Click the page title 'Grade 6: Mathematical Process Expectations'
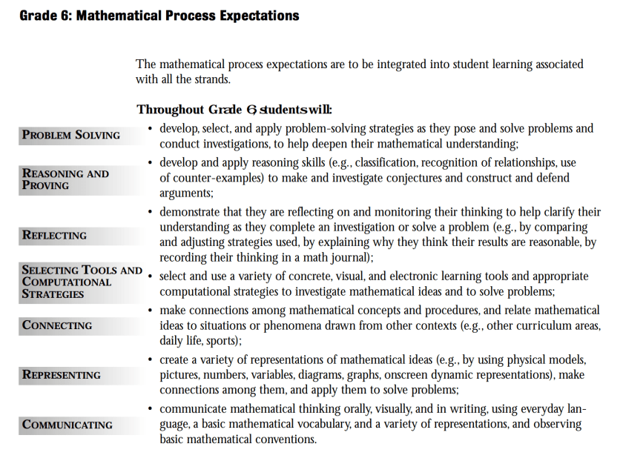159,15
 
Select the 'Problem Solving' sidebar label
71,135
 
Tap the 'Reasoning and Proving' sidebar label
65,179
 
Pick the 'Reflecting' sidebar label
54,236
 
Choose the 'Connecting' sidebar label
57,325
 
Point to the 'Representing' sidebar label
62,375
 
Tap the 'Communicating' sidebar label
67,425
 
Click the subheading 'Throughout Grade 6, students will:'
234,110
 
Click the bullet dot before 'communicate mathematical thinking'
151,408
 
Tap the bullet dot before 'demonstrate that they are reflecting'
151,211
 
